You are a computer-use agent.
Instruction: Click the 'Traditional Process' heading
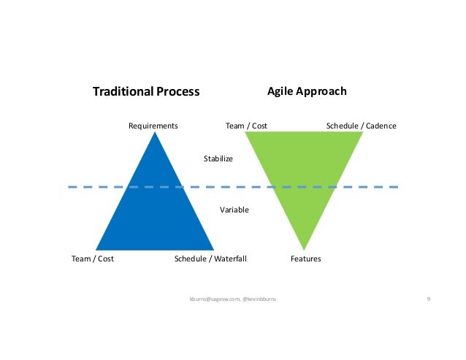point(146,92)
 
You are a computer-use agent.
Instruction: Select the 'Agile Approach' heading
point(307,91)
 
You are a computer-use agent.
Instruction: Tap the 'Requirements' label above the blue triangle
point(153,126)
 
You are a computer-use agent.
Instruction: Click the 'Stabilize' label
point(218,158)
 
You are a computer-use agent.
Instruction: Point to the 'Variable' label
point(234,210)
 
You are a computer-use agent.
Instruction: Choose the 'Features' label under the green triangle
point(305,258)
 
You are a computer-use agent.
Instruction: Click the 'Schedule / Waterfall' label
point(211,258)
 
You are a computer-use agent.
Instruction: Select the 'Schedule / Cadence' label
point(361,126)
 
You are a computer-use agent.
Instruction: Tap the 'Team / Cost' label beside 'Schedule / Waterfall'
point(93,258)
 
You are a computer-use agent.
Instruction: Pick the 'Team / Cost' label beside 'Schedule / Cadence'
point(246,126)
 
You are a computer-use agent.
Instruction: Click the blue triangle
point(155,212)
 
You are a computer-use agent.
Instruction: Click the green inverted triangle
point(304,168)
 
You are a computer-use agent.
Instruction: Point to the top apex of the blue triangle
point(155,133)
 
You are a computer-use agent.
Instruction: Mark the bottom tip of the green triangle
point(304,248)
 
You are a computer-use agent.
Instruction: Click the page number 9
point(428,299)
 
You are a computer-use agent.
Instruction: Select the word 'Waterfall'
point(230,258)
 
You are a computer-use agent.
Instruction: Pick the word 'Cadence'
point(381,126)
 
